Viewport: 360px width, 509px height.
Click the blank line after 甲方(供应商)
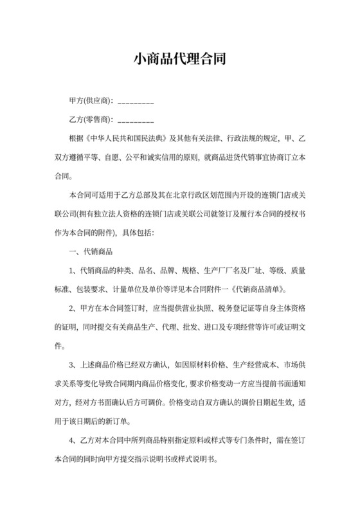[136, 102]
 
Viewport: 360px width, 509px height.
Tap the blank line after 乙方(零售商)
[136, 120]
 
